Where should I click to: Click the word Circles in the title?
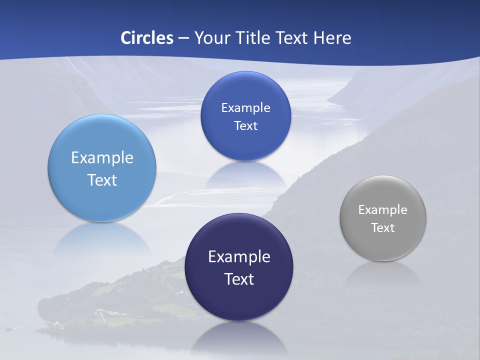click(146, 38)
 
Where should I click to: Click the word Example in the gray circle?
click(383, 210)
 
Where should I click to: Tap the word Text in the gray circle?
click(383, 228)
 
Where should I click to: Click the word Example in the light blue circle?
click(102, 158)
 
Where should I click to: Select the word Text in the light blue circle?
click(102, 180)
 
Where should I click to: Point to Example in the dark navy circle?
click(239, 257)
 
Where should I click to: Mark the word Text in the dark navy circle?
click(239, 279)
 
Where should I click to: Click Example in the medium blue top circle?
click(246, 108)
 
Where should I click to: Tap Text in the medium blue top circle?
click(246, 126)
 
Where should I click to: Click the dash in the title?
click(183, 38)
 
